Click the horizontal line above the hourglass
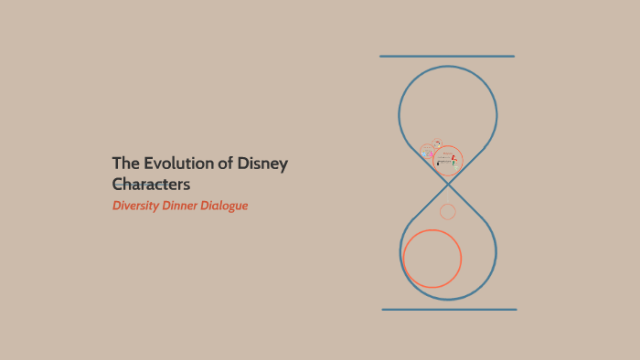point(447,57)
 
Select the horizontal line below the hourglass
point(449,310)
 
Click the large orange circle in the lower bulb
point(432,259)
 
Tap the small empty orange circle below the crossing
point(448,212)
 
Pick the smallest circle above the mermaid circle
point(438,143)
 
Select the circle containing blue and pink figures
point(428,151)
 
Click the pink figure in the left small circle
point(431,154)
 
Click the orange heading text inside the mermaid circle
point(447,152)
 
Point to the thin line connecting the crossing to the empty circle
point(448,195)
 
